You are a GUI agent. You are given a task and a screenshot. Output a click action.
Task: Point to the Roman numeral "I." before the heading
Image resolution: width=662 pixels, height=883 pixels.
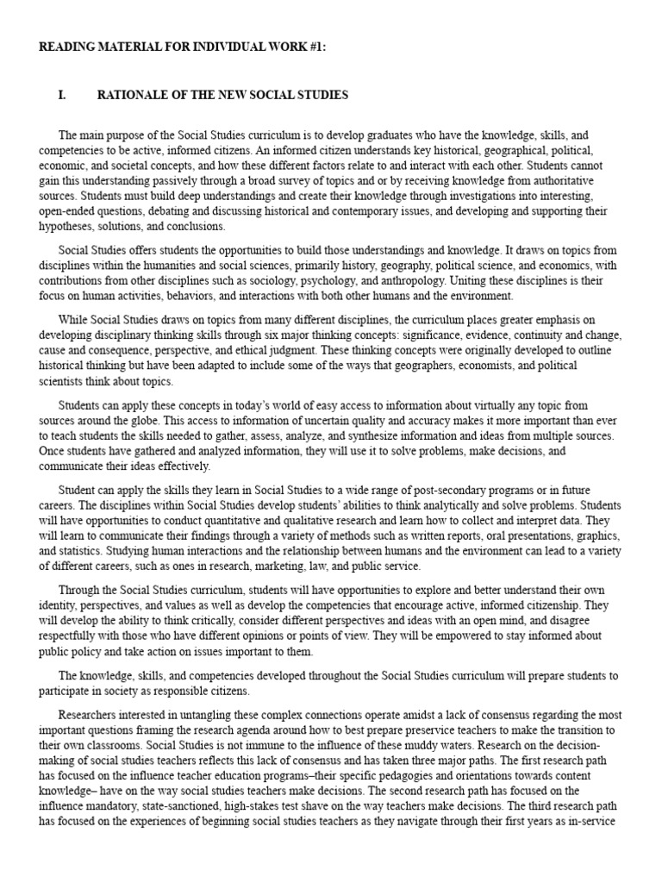tap(62, 94)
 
